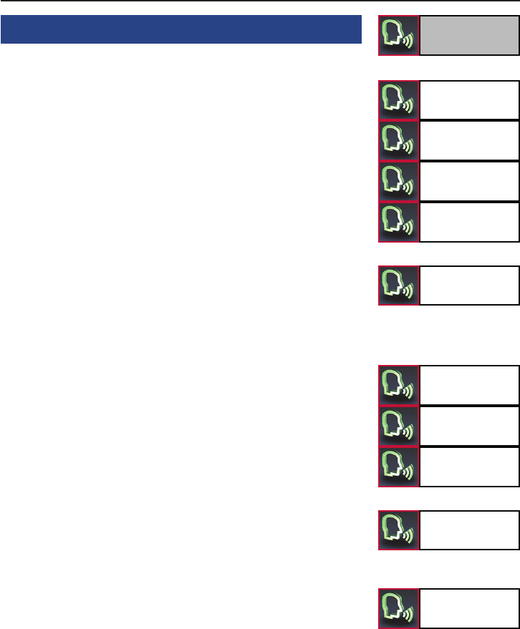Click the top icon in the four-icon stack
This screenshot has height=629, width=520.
click(399, 99)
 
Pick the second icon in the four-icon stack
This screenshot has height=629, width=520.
click(399, 140)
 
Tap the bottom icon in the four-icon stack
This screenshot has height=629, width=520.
click(399, 223)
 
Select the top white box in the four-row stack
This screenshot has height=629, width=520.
click(469, 99)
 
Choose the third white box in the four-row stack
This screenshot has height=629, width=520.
click(469, 182)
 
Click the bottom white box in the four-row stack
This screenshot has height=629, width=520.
click(469, 223)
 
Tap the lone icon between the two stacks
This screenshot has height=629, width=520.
click(399, 286)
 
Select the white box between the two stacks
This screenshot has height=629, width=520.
click(469, 286)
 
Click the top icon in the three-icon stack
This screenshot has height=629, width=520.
click(399, 386)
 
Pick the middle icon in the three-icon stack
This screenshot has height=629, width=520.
click(399, 426)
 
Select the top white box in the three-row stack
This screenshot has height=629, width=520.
click(469, 386)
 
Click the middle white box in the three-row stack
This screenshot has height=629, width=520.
click(469, 426)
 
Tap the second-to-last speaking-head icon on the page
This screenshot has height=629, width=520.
click(399, 530)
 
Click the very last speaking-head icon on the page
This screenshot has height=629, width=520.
click(399, 608)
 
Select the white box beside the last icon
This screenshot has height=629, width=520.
click(469, 608)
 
